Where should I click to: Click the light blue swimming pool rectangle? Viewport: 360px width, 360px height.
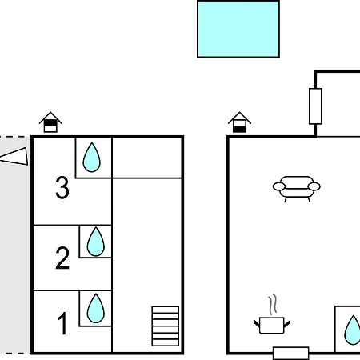coord(238,29)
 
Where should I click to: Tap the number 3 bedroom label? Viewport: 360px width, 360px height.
coord(62,187)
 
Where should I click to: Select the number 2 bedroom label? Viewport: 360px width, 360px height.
coord(62,258)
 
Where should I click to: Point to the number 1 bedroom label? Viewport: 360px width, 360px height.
coord(62,323)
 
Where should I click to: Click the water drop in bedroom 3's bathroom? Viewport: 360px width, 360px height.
coord(92,158)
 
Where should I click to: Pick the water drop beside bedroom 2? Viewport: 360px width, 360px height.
coord(96,242)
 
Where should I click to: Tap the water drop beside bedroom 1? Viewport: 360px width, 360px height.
coord(96,308)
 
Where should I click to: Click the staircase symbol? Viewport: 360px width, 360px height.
coord(166,326)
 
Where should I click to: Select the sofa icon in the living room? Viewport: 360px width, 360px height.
coord(297,189)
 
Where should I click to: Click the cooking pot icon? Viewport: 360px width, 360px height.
coord(272,325)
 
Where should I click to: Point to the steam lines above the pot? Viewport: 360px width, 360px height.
coord(273,305)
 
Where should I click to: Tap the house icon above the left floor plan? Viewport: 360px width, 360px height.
coord(50,122)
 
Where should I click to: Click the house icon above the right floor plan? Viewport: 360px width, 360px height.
coord(239,122)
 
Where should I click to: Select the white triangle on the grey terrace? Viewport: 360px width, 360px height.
coord(14,156)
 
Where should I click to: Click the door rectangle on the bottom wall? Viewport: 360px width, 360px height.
coord(291,354)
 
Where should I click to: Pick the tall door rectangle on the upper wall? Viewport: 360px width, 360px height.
coord(315,106)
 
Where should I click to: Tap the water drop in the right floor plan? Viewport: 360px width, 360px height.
coord(353,330)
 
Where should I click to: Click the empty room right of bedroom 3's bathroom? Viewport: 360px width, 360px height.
coord(147,158)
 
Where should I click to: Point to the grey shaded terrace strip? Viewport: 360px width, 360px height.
coord(14,246)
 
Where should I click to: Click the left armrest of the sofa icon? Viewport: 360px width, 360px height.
coord(279,186)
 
